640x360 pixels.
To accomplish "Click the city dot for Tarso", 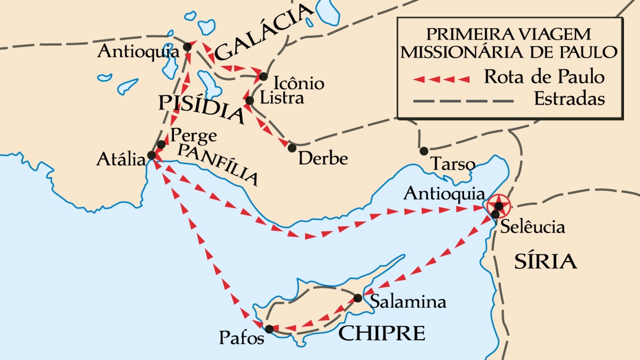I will pos(424,151).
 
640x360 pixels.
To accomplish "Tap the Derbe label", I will pos(323,159).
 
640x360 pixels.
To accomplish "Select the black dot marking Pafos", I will pos(269,329).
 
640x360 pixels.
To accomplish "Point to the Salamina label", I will pos(408,302).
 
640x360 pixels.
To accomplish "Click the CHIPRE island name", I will pos(382,333).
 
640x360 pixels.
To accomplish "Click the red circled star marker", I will pos(498,205).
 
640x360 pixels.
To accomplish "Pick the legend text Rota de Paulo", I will pos(544,77).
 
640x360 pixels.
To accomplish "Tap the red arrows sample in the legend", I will pos(442,79).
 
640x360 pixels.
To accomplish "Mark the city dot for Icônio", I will pos(263,77).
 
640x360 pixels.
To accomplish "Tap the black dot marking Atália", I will pos(151,155).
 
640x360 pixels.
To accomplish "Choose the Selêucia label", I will pos(533,227).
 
